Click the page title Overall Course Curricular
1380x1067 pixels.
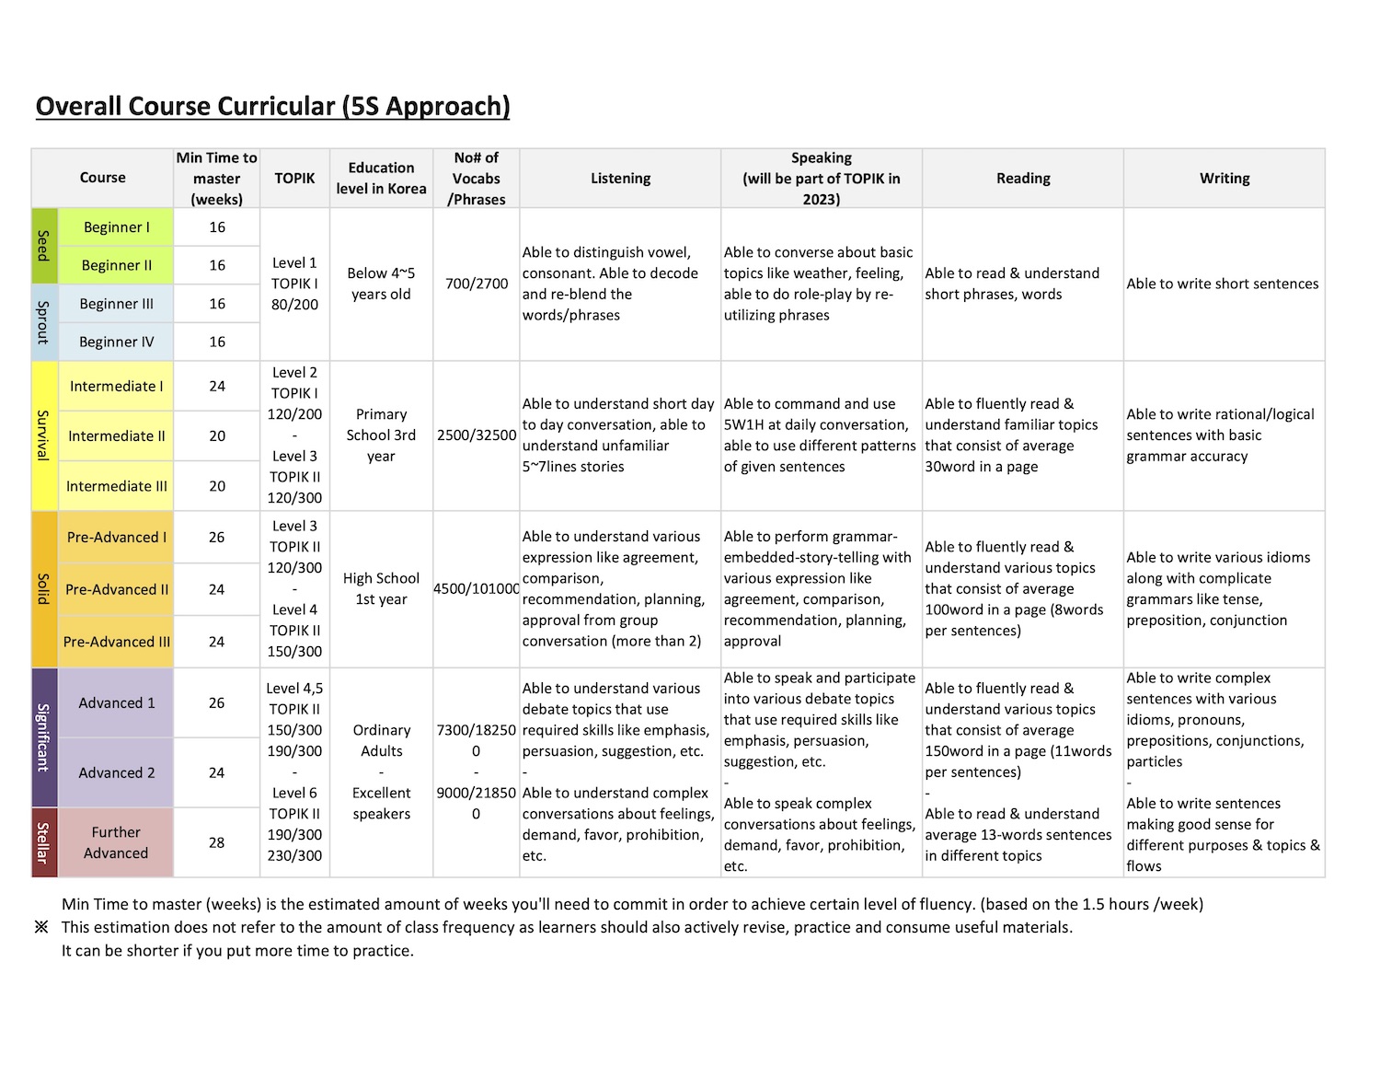[x=272, y=107]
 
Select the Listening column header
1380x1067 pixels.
[x=620, y=179]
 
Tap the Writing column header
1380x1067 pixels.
[x=1224, y=179]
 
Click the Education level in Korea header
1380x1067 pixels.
[x=381, y=179]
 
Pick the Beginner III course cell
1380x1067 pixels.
[x=116, y=304]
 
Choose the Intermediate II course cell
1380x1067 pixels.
[x=116, y=436]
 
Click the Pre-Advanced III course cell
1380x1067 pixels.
[x=116, y=642]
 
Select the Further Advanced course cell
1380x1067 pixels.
[x=116, y=842]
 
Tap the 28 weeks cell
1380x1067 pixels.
[x=217, y=842]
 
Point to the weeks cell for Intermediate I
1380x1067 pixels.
[x=217, y=387]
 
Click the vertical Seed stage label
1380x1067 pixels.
[x=43, y=246]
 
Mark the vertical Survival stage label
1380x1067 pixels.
[x=43, y=435]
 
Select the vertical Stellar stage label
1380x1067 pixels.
[x=43, y=842]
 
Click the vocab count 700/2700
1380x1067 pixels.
[x=477, y=284]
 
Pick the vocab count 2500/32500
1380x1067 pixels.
[x=477, y=435]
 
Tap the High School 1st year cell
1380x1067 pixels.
[x=381, y=588]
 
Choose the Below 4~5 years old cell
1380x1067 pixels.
[x=381, y=284]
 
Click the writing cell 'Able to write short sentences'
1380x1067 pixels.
[x=1223, y=284]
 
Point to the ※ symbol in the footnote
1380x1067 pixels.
[x=41, y=927]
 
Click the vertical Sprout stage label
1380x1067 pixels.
[x=43, y=322]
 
